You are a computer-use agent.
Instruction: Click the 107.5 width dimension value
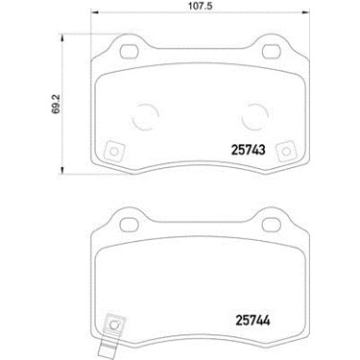201,6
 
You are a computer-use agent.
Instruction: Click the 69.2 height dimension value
56,104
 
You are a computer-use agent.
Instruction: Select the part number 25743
249,150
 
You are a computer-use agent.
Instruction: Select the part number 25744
252,321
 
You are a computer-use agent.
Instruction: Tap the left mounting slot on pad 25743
130,51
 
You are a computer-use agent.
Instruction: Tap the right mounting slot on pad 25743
272,51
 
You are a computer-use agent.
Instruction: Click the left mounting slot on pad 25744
130,225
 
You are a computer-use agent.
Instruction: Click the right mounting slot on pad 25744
272,225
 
